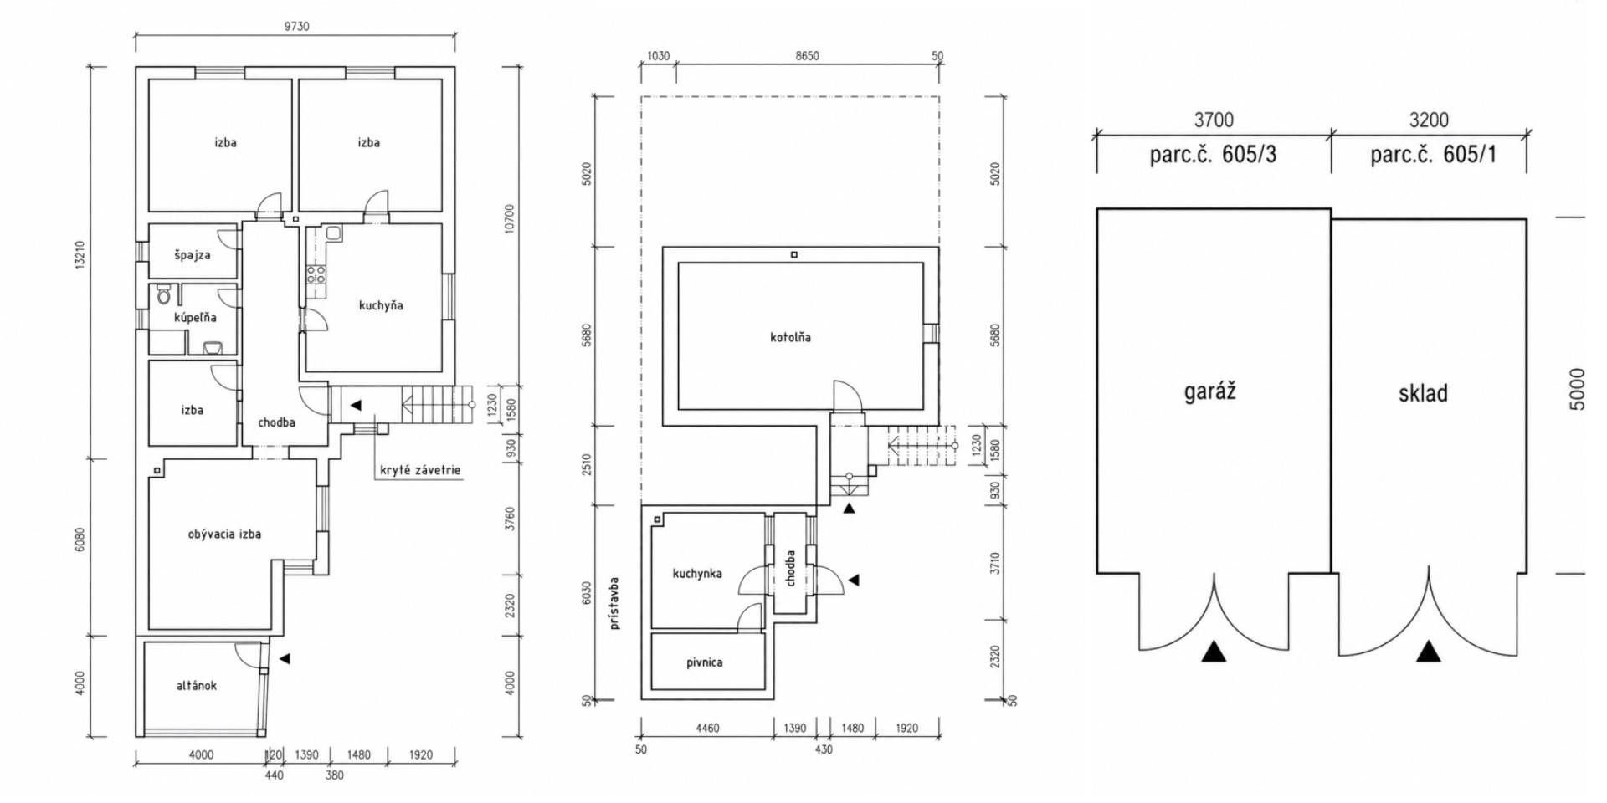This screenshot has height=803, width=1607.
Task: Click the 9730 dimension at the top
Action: coord(296,27)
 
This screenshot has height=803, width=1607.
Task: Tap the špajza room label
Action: coord(193,255)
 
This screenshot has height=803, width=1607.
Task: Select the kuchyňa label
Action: coord(381,306)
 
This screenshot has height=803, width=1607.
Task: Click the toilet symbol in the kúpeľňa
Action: coord(164,296)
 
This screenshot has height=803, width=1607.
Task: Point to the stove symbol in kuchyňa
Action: coord(316,274)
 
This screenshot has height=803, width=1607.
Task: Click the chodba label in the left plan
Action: coord(276,422)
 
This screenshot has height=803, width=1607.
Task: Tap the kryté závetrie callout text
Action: coord(420,470)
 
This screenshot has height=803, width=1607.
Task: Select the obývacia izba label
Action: coord(224,534)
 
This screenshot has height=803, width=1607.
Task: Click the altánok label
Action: coord(197,686)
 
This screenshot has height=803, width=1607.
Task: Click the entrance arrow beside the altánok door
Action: coord(285,659)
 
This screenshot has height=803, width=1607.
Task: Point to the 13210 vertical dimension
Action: coord(80,255)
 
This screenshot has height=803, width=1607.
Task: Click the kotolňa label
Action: coord(790,338)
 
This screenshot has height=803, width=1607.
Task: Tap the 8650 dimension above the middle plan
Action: coord(807,56)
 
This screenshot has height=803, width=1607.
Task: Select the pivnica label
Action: coord(704,662)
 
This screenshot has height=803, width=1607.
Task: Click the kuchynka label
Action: coord(696,574)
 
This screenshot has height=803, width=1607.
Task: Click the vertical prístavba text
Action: coord(615,602)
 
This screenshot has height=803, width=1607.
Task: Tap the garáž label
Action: coord(1209,391)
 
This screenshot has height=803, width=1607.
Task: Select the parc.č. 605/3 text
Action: coord(1213,155)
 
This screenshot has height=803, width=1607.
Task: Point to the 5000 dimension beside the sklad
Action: coord(1577,389)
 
